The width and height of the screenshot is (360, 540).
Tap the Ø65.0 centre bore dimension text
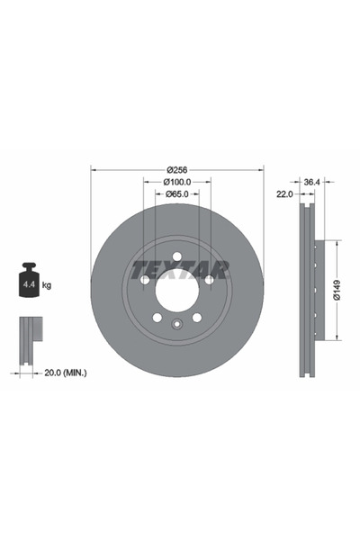tap(177, 196)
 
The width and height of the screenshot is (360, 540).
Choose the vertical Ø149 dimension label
tap(336, 291)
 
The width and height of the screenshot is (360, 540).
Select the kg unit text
tap(47, 284)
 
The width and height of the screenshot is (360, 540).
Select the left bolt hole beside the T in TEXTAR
tap(145, 280)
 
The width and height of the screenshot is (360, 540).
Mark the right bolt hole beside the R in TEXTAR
tap(210, 280)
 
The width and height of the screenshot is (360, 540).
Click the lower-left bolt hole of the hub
tap(157, 318)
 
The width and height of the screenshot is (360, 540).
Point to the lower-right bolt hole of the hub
tap(197, 318)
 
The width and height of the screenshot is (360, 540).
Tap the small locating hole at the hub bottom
tap(177, 323)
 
